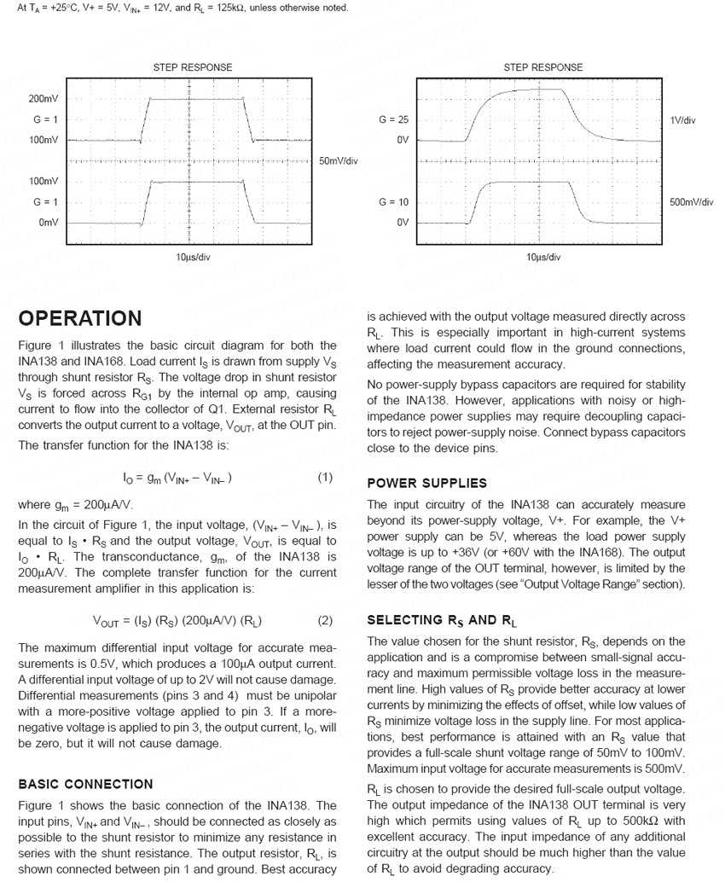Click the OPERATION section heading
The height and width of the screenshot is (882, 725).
80,319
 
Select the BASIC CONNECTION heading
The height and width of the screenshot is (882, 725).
85,784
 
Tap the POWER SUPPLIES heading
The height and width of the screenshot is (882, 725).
426,484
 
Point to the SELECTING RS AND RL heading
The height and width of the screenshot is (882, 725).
442,620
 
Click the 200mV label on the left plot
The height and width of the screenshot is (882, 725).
43,100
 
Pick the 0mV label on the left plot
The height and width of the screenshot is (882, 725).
49,222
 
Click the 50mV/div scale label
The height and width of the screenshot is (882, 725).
338,161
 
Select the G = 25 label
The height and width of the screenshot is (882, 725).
394,120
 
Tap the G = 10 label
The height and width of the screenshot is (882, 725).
394,202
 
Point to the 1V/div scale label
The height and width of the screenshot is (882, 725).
683,120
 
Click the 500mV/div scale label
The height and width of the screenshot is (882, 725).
691,202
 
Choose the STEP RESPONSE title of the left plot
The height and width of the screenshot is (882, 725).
193,67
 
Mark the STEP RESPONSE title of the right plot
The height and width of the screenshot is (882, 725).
543,67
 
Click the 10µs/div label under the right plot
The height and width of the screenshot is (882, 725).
543,257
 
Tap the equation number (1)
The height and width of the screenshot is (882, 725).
325,478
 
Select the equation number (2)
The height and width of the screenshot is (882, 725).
325,621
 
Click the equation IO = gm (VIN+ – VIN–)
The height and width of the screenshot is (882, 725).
178,478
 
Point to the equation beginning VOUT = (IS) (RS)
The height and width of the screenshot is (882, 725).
177,621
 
